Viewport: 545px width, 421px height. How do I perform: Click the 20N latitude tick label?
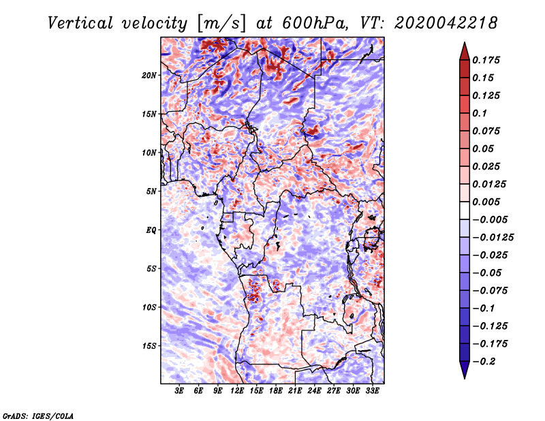149,75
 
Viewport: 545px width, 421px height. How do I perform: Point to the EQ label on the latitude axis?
151,230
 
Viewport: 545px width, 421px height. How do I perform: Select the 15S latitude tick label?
149,346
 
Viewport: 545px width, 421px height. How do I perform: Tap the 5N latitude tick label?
151,191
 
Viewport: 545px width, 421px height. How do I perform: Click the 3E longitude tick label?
180,392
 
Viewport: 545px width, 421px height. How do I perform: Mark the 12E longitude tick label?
237,392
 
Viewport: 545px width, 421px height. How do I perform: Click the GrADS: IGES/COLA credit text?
38,415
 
